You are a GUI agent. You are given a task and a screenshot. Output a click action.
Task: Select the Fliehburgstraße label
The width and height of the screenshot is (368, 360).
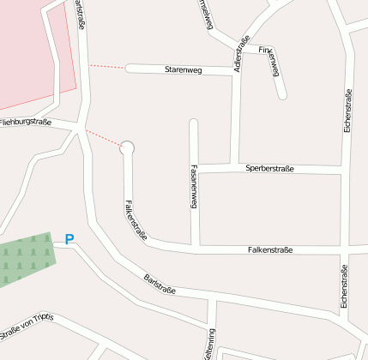(x=26, y=123)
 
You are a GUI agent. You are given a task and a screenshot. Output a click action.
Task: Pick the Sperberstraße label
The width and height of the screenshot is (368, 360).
(x=269, y=169)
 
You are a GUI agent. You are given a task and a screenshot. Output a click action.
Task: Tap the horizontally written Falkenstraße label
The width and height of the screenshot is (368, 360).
(x=269, y=250)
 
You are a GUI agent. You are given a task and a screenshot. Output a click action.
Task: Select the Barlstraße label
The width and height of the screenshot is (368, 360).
(x=160, y=284)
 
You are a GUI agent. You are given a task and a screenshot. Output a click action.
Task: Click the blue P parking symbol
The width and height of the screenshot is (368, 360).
(x=69, y=241)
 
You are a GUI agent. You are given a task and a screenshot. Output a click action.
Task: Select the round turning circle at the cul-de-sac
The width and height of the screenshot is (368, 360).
(x=128, y=147)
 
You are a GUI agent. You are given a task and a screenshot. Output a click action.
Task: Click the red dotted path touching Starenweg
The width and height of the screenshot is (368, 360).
(x=106, y=67)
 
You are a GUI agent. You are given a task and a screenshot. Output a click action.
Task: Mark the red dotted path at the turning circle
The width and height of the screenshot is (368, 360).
(x=104, y=139)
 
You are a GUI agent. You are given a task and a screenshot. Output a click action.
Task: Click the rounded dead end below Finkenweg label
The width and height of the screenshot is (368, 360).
(x=282, y=94)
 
